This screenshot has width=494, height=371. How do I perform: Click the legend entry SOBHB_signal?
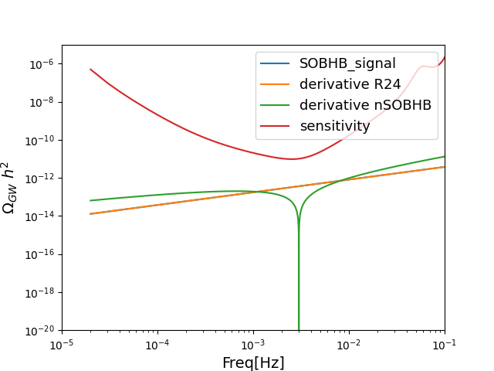point(347,63)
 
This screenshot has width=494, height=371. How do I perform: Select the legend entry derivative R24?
point(350,84)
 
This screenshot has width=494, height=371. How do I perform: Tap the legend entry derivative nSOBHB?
point(365,105)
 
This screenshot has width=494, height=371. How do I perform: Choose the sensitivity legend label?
point(335,126)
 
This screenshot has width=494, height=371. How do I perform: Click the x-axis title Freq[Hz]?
point(253,362)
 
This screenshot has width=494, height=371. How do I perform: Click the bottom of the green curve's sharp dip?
point(299,328)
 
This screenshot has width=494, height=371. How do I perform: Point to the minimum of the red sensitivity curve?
point(293,159)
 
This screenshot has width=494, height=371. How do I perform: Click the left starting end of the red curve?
point(90,69)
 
